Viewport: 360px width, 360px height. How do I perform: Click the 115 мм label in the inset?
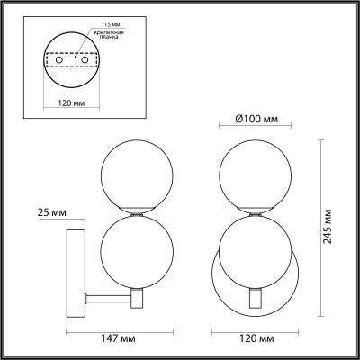(108, 24)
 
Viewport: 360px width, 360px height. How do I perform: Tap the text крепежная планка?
(112, 34)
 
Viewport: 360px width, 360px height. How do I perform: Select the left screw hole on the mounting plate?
(59, 60)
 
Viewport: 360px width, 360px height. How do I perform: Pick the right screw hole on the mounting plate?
(85, 60)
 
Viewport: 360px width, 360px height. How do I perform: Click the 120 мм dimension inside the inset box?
(71, 103)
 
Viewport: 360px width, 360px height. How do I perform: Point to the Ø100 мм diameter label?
(256, 119)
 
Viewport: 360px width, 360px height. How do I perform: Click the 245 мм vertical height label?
(328, 226)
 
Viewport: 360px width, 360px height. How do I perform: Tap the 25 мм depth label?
(51, 212)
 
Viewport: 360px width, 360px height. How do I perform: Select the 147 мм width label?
(118, 338)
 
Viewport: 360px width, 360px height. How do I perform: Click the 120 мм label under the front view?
(256, 338)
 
